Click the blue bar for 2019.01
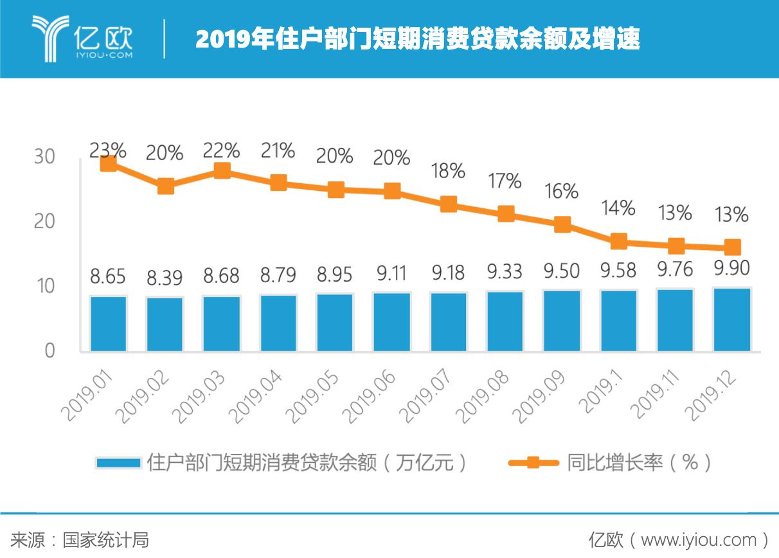(109, 323)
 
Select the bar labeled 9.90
(732, 319)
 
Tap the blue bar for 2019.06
(392, 322)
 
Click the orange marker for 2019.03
(222, 170)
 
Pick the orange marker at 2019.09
(562, 224)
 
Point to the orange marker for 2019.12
(732, 248)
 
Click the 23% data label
(108, 150)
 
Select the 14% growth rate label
(618, 208)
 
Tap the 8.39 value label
(165, 278)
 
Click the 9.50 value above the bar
(562, 271)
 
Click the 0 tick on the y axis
(49, 351)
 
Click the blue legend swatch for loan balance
(118, 463)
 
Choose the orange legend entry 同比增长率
(614, 463)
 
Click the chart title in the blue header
(418, 40)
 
